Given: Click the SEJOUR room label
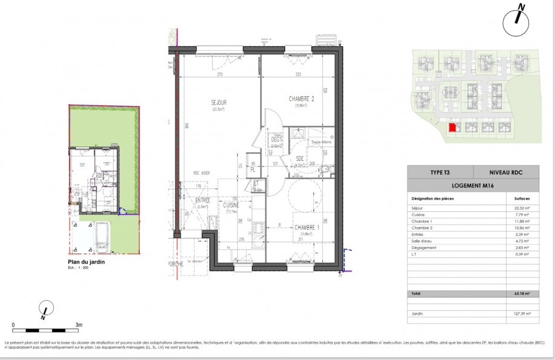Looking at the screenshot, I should tap(219, 103).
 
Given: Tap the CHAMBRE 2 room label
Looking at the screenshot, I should tap(301, 99).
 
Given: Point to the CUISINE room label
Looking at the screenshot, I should tap(231, 205).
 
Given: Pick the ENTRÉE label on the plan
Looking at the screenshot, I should tap(202, 200).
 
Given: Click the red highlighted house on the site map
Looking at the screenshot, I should tap(452, 128).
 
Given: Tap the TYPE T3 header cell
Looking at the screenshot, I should tap(440, 172).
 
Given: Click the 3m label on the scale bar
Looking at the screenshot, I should tap(79, 325).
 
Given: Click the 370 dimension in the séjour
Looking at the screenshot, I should tap(221, 74).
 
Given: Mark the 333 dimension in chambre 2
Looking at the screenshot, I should tap(299, 74).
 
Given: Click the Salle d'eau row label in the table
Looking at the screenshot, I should tap(423, 241).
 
